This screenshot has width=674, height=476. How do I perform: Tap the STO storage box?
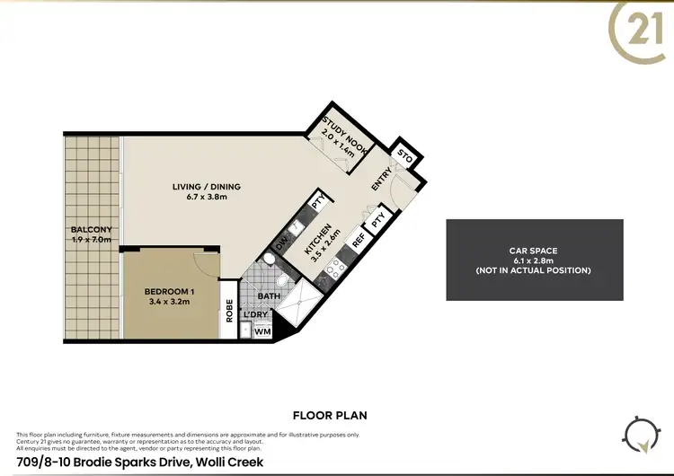click(x=404, y=159)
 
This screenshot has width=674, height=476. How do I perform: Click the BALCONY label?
click(x=91, y=234)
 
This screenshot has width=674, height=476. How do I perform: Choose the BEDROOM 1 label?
click(x=170, y=296)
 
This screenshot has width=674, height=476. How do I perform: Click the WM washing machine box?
click(x=263, y=331)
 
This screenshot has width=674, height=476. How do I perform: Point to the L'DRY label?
click(x=254, y=316)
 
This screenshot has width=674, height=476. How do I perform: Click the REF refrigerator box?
click(x=358, y=240)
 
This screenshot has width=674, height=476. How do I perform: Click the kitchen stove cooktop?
click(x=334, y=267)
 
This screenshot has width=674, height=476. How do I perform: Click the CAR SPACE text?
click(x=534, y=251)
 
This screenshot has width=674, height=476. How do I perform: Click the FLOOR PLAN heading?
click(x=330, y=416)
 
